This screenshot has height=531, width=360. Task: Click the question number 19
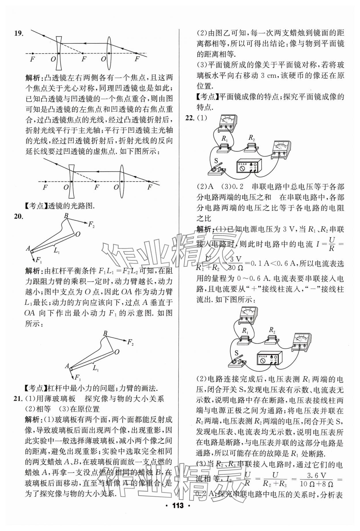click(19, 33)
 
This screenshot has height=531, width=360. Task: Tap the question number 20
click(19, 216)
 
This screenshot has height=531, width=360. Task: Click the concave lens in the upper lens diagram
click(59, 53)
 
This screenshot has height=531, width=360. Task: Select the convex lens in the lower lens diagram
click(122, 181)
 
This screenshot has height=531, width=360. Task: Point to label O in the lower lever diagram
click(117, 352)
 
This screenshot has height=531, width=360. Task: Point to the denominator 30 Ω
click(236, 268)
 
